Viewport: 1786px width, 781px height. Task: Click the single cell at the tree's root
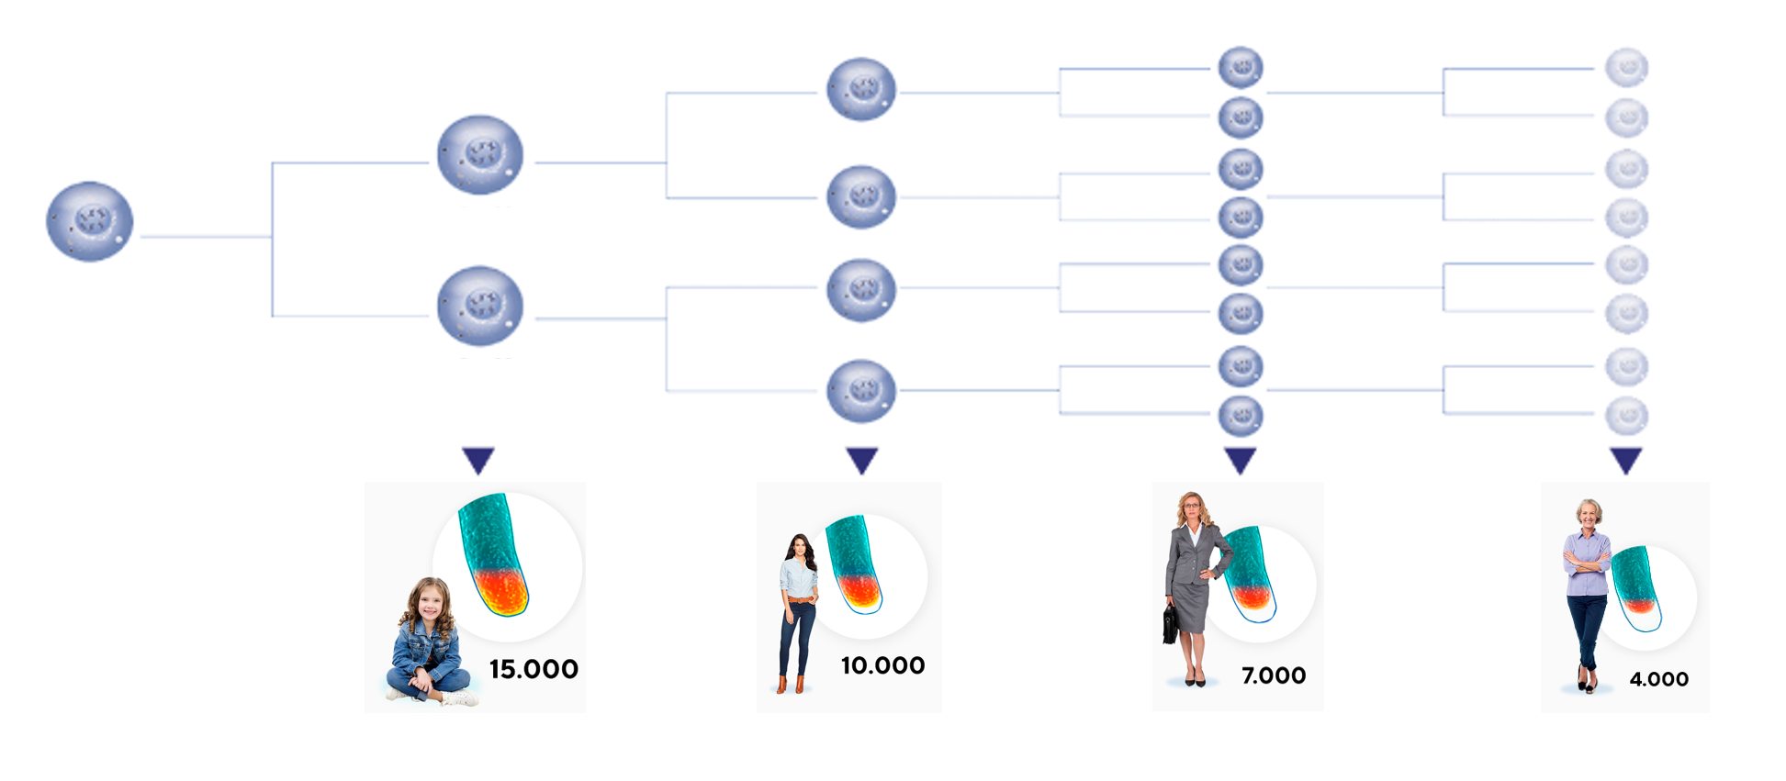(x=90, y=221)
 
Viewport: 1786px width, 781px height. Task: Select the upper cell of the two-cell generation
(x=480, y=154)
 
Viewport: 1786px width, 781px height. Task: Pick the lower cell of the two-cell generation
(x=480, y=306)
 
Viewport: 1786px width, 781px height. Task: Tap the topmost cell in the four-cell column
(x=861, y=89)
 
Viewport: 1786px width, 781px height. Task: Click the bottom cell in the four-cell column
(x=861, y=391)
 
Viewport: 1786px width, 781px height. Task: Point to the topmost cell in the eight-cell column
(x=1241, y=67)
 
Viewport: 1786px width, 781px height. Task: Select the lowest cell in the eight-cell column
(x=1241, y=416)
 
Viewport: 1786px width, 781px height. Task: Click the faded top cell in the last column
(x=1627, y=67)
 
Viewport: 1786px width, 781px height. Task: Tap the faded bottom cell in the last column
(x=1627, y=416)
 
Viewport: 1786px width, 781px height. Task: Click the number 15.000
(x=534, y=669)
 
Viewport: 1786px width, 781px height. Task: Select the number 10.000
(x=882, y=665)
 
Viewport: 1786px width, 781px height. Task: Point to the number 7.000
(x=1273, y=675)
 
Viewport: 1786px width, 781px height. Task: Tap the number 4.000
(x=1658, y=679)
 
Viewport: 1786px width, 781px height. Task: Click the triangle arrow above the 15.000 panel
(x=478, y=459)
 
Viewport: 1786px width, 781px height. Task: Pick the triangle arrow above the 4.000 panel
(x=1626, y=459)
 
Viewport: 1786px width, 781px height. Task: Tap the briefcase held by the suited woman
(x=1171, y=624)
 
